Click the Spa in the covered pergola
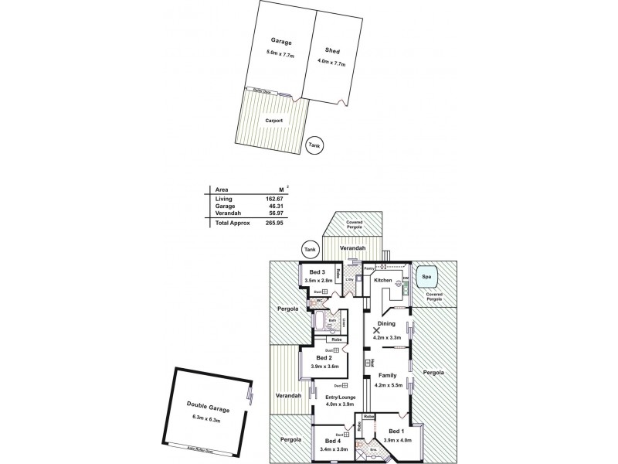coord(426,275)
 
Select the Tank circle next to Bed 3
coord(310,249)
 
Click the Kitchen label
coord(384,280)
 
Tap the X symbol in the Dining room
coord(377,329)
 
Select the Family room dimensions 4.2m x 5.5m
coord(389,384)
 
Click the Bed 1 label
coord(396,431)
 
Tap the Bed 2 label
coord(323,357)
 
